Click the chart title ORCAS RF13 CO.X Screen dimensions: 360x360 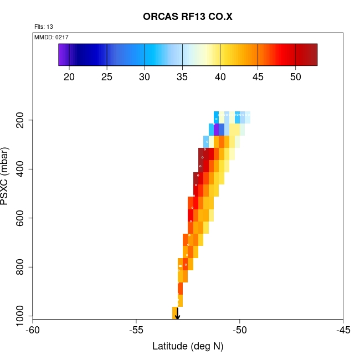[188, 16]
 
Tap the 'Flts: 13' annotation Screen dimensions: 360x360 [43, 27]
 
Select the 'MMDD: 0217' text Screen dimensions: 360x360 [52, 37]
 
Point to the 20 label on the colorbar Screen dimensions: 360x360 [69, 76]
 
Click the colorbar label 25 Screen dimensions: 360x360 [107, 76]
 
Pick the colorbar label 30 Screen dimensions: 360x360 [145, 76]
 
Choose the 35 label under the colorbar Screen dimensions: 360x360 [182, 76]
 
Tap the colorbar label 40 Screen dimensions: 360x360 [220, 76]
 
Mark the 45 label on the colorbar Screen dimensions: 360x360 [258, 76]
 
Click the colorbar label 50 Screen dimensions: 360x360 [296, 76]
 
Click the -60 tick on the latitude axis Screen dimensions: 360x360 [33, 331]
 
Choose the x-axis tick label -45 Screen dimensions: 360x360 [343, 331]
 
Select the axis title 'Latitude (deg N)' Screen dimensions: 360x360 [188, 347]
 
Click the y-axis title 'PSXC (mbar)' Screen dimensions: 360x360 [7, 176]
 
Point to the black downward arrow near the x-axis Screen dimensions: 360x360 [177, 315]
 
